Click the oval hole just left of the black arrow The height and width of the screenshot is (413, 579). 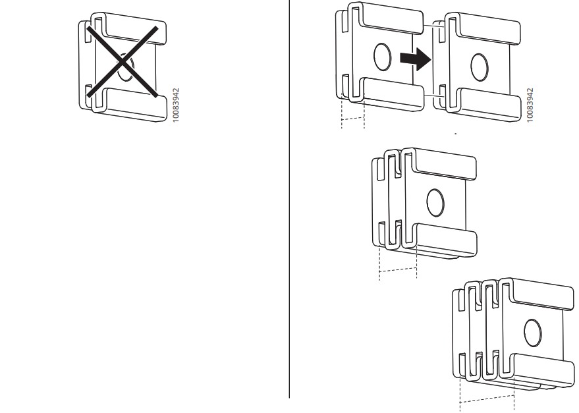click(382, 58)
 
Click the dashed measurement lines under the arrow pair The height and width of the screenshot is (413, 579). click(352, 119)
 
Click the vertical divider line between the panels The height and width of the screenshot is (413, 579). click(290, 198)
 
